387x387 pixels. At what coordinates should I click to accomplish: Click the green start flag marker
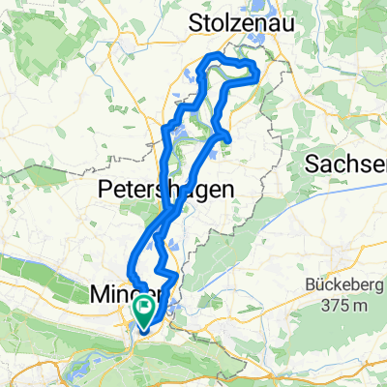(x=146, y=313)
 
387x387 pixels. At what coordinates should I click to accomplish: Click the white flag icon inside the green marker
(x=146, y=311)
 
